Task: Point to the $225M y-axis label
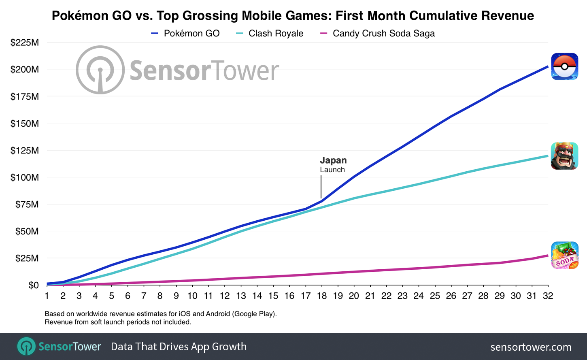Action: tap(25, 43)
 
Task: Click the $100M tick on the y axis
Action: tap(25, 177)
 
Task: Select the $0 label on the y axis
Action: tap(34, 285)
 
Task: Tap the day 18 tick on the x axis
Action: tap(322, 296)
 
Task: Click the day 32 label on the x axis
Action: tap(548, 296)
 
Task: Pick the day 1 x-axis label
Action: tap(47, 296)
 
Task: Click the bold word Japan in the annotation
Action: tap(333, 160)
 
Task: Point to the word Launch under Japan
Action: tap(332, 170)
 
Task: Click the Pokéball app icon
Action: tap(564, 66)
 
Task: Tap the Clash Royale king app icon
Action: tap(564, 156)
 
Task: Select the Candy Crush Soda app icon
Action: tap(564, 256)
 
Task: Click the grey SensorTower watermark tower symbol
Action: tap(100, 70)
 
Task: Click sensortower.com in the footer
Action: tap(530, 347)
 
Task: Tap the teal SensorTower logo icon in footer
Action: tap(26, 347)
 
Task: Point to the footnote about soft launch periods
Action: tap(117, 322)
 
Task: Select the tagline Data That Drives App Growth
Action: tap(179, 347)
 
